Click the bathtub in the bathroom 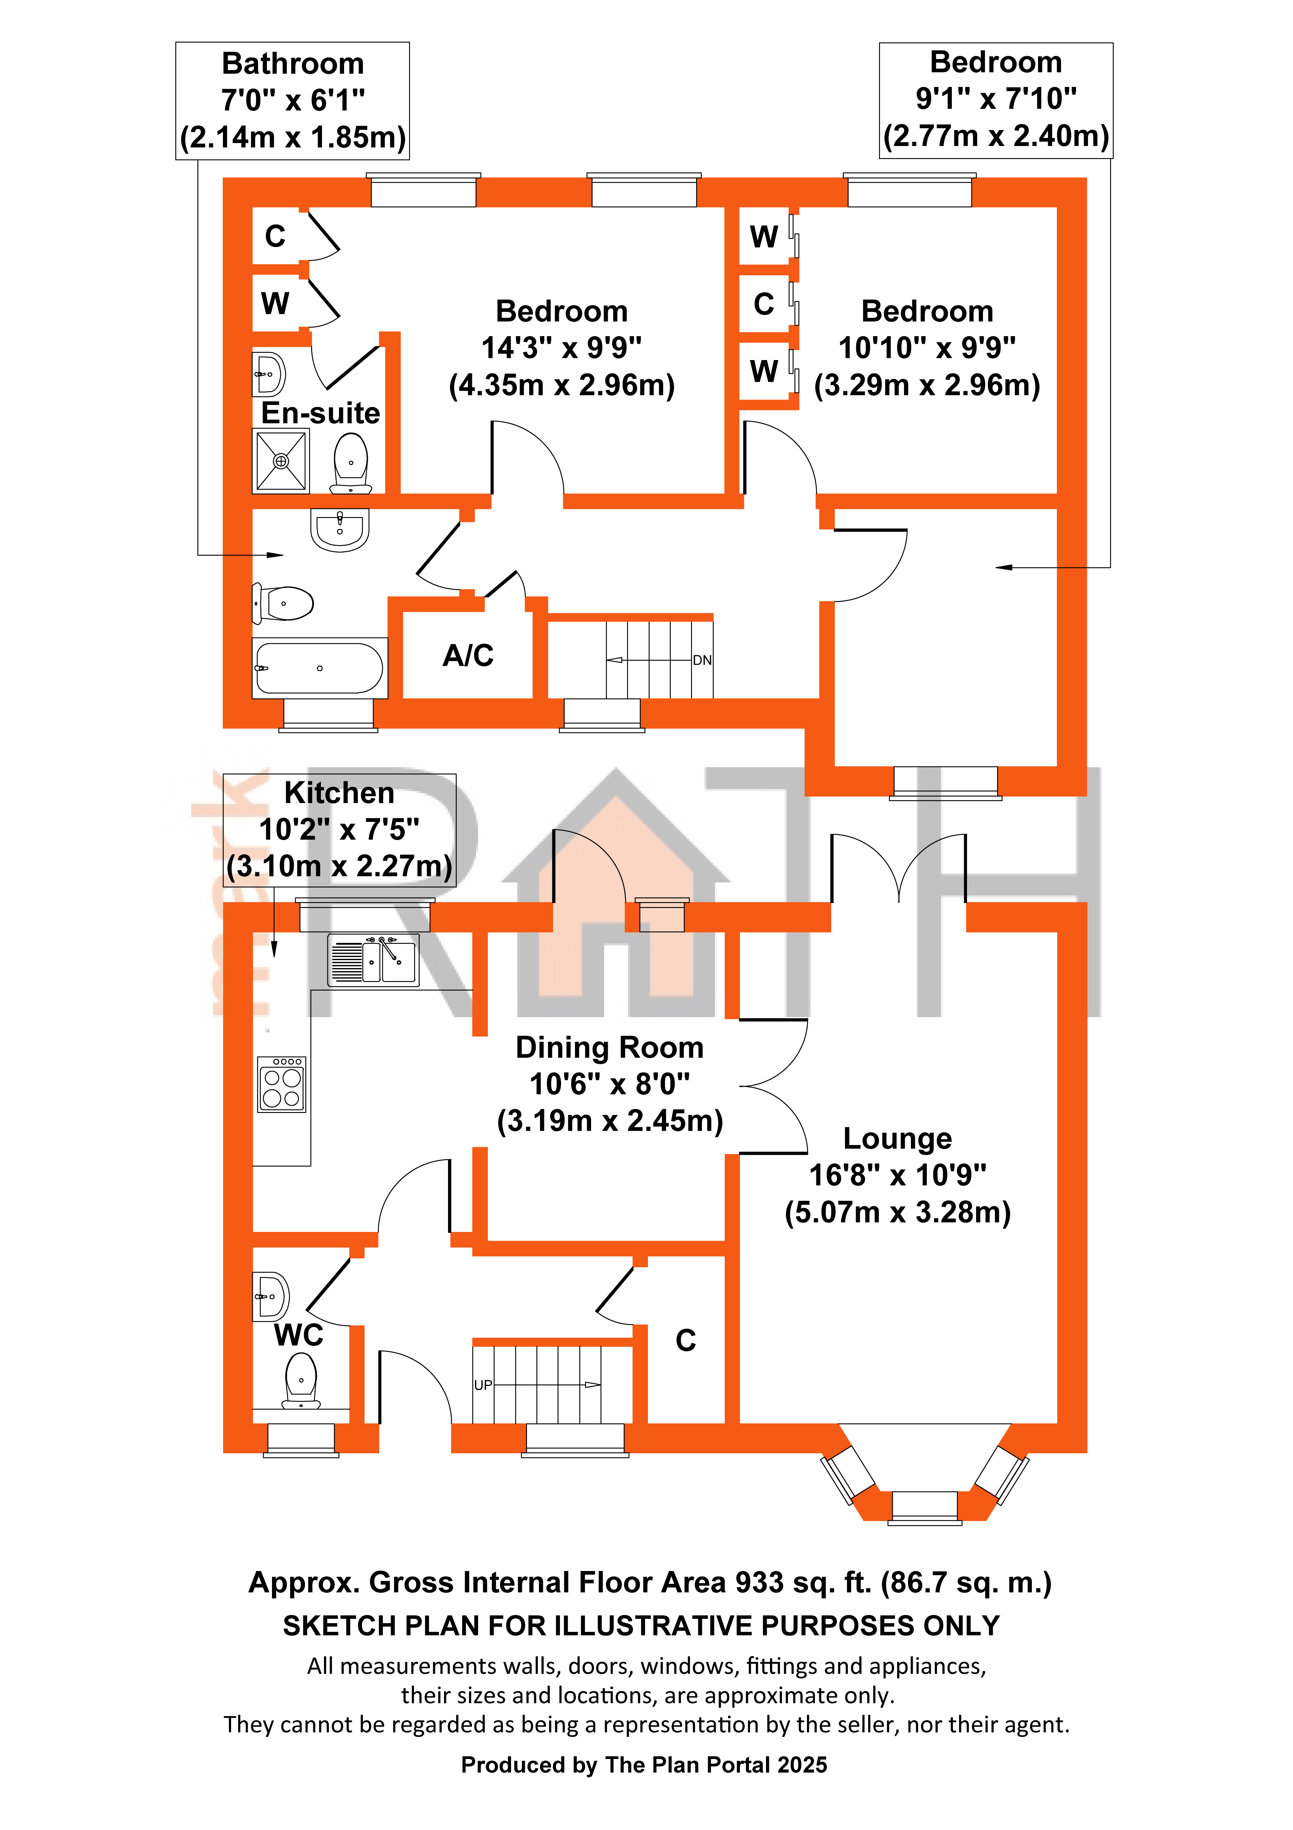coord(320,668)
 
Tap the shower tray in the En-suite coord(281,461)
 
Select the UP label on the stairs coord(483,1385)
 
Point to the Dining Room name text coord(610,1047)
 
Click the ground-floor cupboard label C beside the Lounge coord(686,1341)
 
